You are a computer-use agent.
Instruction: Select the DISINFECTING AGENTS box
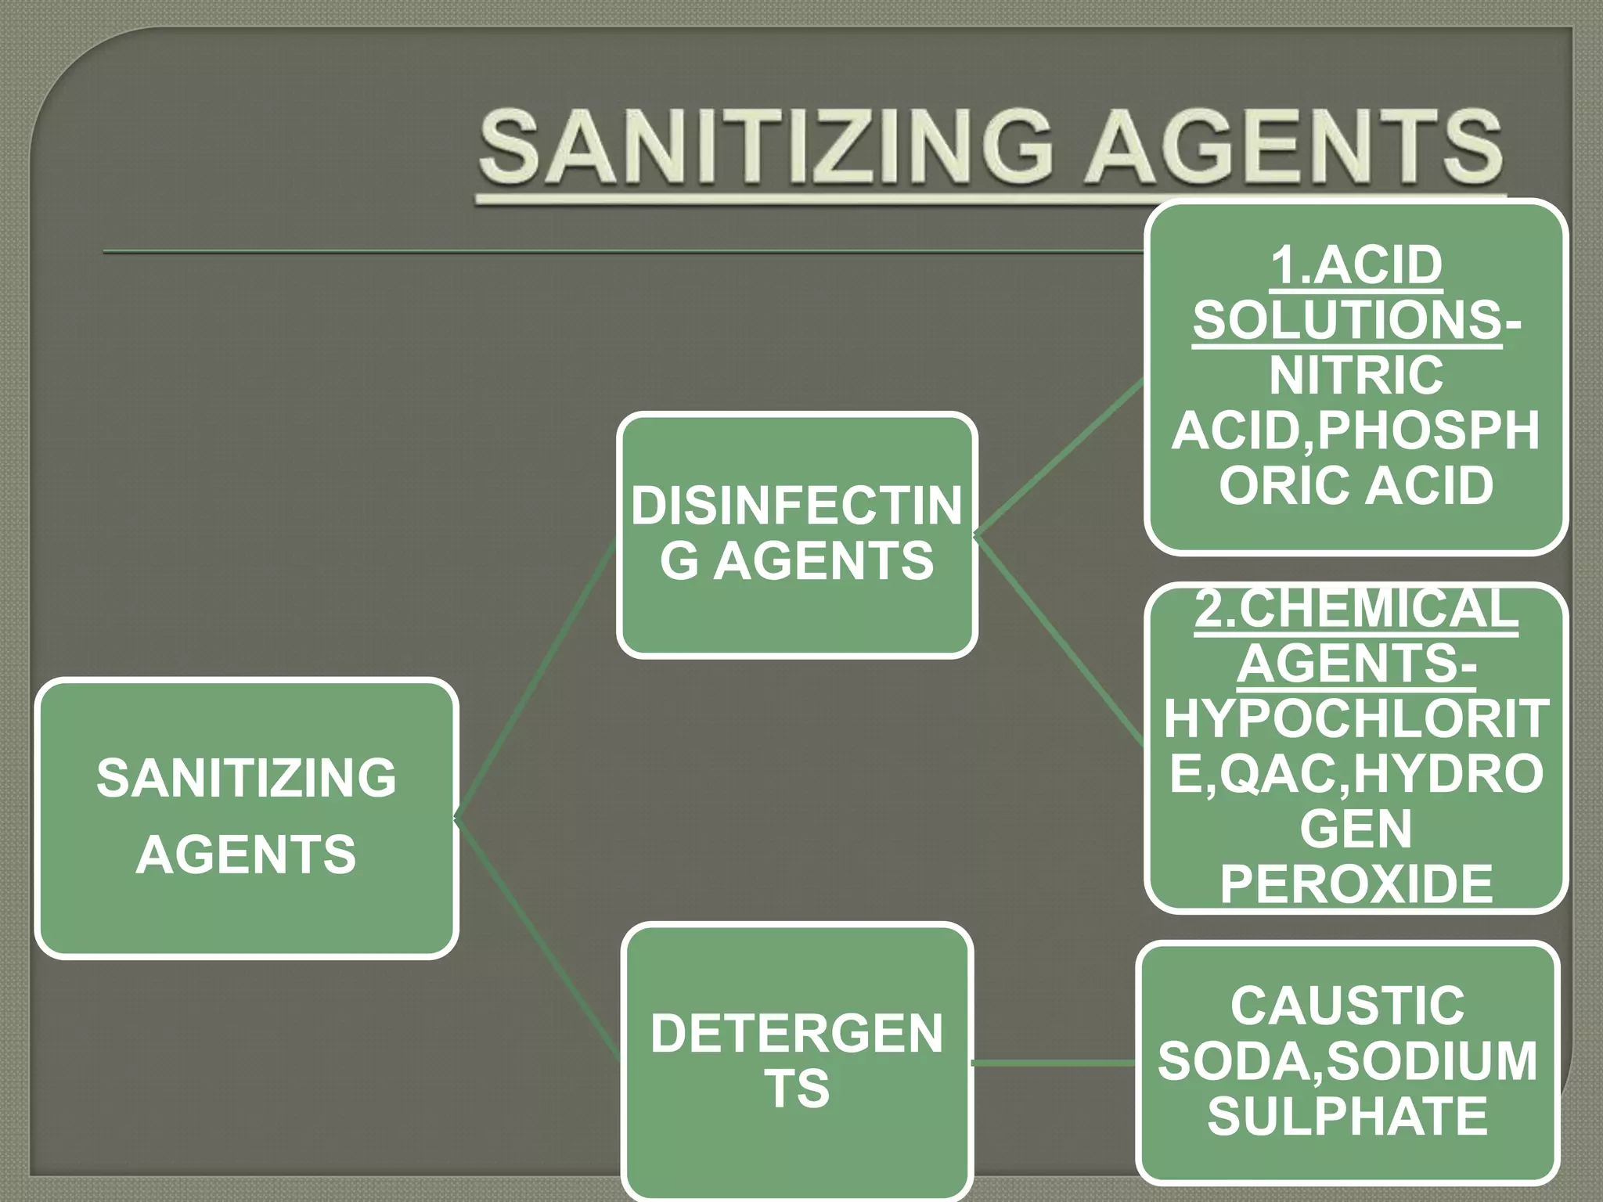coord(797,534)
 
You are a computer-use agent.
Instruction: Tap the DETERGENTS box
coord(797,1062)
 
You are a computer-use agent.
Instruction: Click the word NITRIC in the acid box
coord(1356,376)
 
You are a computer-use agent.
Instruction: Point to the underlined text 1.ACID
coord(1356,265)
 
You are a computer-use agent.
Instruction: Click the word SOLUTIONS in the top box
coord(1347,320)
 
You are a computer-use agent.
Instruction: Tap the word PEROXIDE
coord(1356,884)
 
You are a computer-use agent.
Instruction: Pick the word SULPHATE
coord(1347,1116)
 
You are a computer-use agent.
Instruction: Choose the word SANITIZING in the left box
coord(247,778)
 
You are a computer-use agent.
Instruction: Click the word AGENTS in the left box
coord(247,854)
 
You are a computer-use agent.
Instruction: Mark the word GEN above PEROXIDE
coord(1356,829)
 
